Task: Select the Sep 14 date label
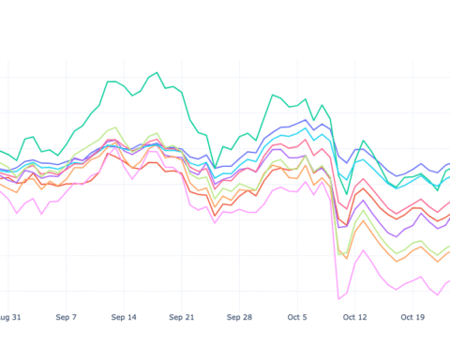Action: point(124,318)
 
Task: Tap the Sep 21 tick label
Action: point(182,318)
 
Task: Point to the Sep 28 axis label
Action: point(239,318)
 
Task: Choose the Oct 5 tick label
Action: point(298,318)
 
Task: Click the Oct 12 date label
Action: point(355,318)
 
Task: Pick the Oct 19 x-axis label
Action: point(413,318)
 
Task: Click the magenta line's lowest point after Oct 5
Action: point(338,299)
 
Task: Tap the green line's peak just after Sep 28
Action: point(273,95)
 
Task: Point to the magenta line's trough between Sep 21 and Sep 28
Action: point(215,222)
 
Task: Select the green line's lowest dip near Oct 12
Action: point(347,194)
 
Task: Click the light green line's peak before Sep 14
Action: point(114,127)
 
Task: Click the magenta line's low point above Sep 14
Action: point(132,178)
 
